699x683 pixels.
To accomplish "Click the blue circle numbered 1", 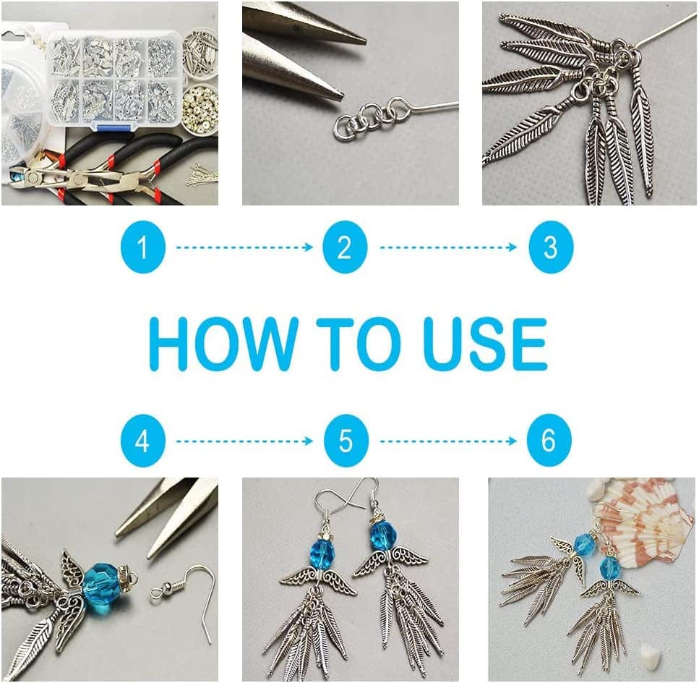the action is (x=142, y=247).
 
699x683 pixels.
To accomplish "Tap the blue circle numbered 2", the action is (x=345, y=247).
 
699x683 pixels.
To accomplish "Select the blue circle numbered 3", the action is (x=551, y=247).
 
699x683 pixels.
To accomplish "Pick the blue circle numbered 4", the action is (x=142, y=441).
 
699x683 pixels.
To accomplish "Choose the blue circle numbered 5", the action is (x=346, y=441).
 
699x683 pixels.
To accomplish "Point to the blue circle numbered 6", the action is (x=549, y=441).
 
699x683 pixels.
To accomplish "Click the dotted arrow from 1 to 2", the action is (x=245, y=247).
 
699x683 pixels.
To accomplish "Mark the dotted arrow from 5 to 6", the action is (x=448, y=441).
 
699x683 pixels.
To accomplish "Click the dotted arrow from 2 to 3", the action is (x=448, y=247).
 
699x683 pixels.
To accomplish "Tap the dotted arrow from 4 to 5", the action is (x=245, y=441).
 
